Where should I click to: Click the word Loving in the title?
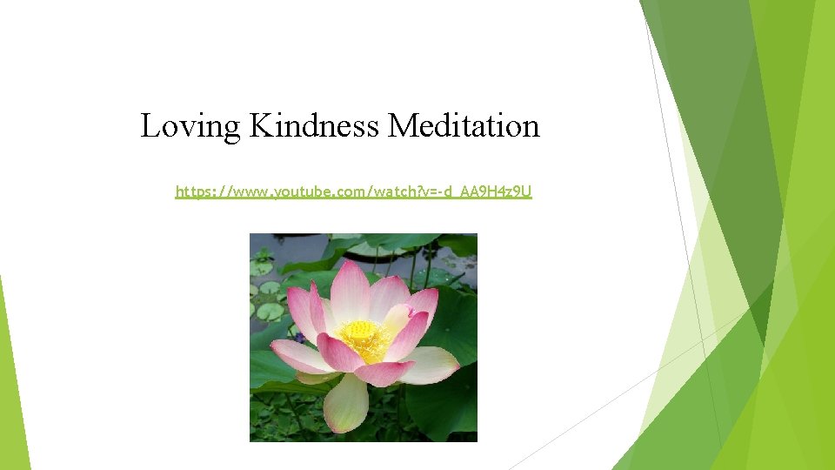click(x=190, y=127)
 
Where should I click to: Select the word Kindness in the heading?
click(x=314, y=126)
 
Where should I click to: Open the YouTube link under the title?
click(x=353, y=191)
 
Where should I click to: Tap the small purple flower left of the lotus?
click(x=298, y=336)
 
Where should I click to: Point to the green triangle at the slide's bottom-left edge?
click(x=12, y=392)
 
